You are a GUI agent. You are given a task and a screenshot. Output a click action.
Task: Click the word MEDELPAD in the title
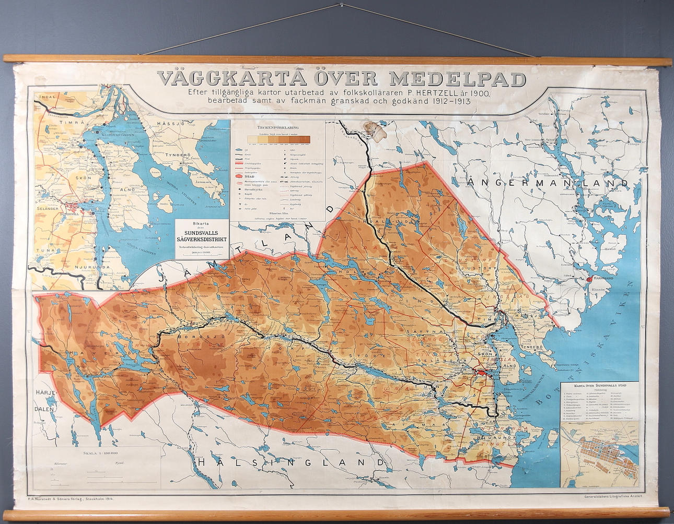pos(458,78)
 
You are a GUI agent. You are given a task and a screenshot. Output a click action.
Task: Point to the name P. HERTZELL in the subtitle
pos(436,93)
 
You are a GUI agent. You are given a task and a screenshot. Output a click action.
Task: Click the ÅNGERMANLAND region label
pos(549,183)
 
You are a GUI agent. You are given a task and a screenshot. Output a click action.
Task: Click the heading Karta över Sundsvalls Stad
pos(600,385)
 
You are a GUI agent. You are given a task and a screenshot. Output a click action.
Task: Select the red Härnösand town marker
pos(589,280)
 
